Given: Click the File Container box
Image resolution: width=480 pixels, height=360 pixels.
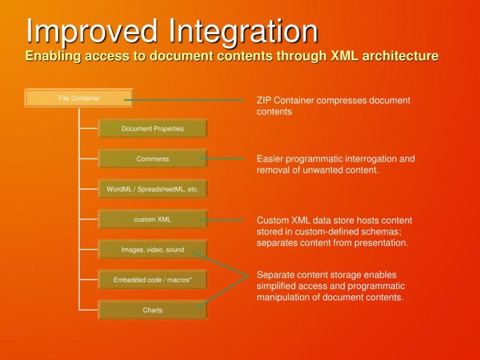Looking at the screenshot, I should (x=79, y=98).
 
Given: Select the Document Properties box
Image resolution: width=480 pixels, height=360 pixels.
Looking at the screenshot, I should (x=152, y=129).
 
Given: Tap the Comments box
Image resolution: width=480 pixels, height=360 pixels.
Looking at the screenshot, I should (x=152, y=159).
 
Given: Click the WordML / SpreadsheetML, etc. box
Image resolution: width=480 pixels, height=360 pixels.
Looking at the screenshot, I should (x=152, y=190).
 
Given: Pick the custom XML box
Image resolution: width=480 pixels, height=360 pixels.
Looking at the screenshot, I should (x=152, y=220).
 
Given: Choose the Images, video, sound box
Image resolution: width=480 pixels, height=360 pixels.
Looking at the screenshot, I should (x=152, y=250).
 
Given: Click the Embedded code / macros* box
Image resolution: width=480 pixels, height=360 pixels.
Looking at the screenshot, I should (x=152, y=280).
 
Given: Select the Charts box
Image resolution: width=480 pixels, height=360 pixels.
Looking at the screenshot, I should (x=152, y=311).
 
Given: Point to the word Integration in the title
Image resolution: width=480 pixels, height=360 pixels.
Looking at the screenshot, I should (x=243, y=31).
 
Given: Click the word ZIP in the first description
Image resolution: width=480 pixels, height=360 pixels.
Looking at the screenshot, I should (x=264, y=100).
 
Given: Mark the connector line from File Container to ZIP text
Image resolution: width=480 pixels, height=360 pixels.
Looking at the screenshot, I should (x=186, y=100).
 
